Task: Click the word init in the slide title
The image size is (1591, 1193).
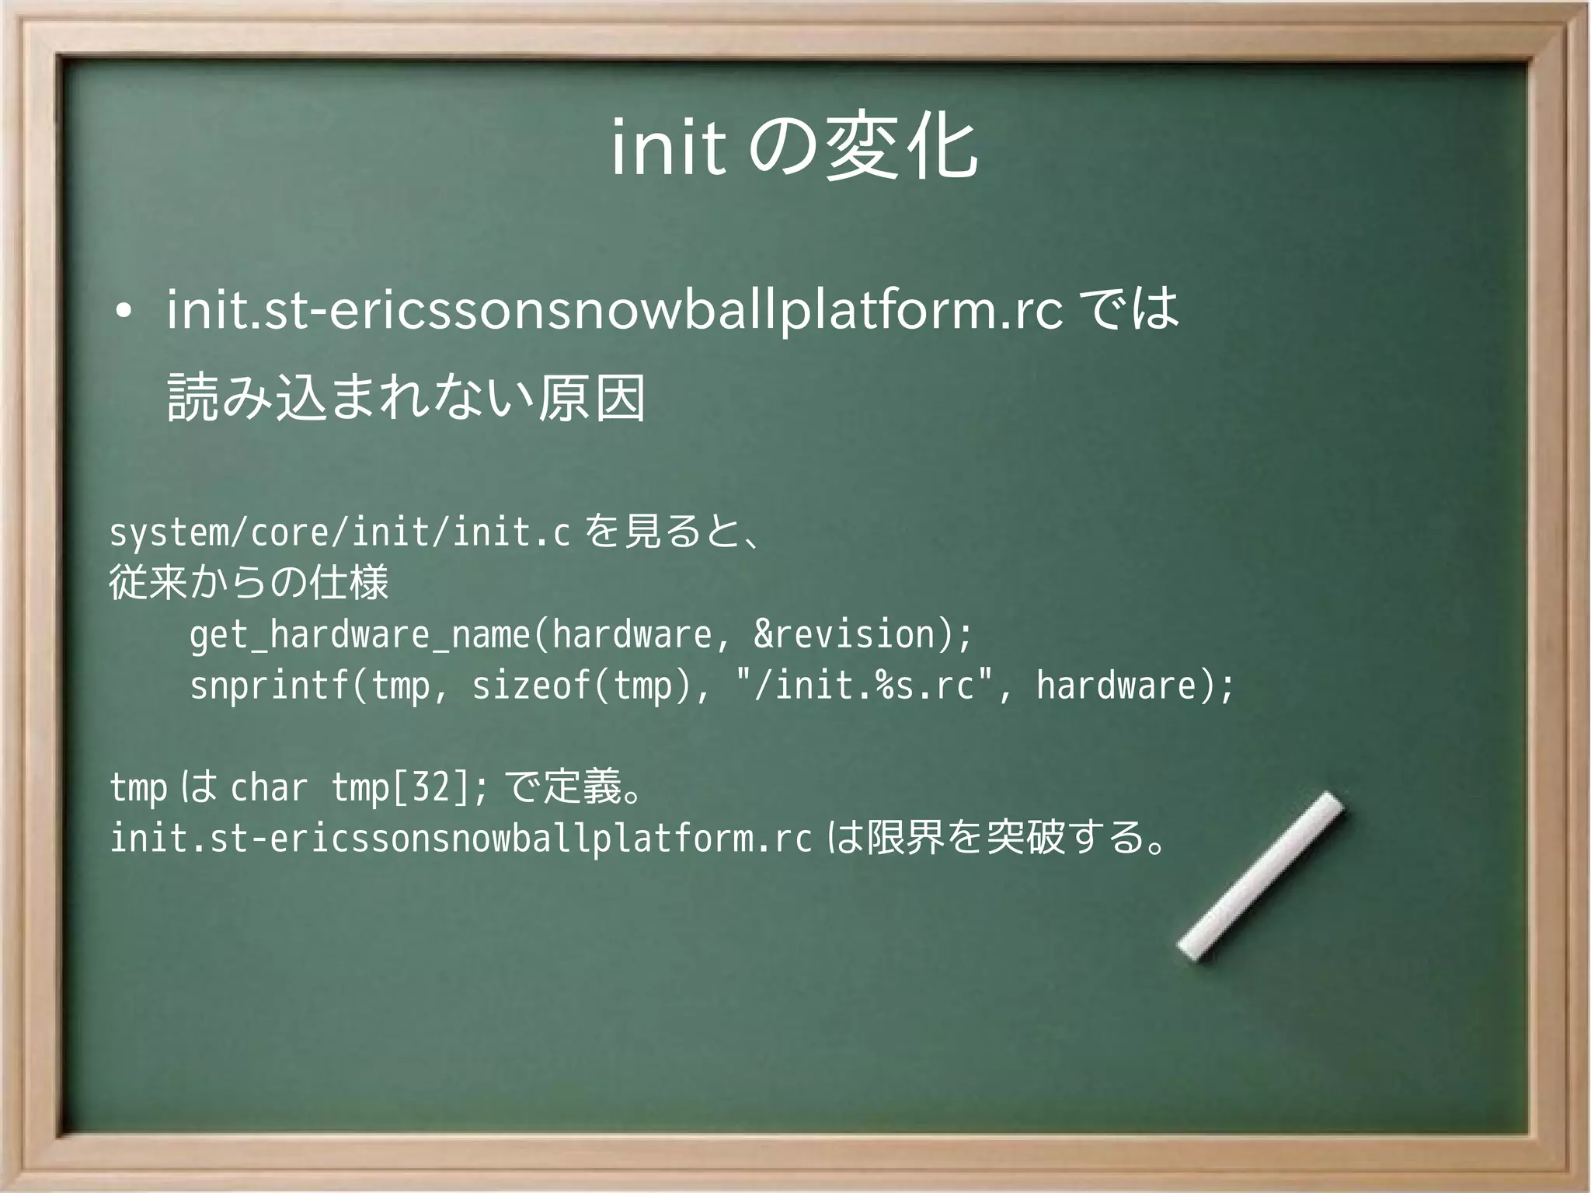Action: pyautogui.click(x=668, y=148)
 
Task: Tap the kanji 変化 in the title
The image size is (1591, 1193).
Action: pyautogui.click(x=901, y=148)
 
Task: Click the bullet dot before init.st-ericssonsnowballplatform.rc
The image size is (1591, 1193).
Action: pyautogui.click(x=121, y=314)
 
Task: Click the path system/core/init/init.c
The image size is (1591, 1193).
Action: pyautogui.click(x=339, y=533)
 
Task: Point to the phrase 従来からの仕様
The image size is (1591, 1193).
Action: pyautogui.click(x=249, y=582)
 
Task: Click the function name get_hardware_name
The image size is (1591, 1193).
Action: pyautogui.click(x=359, y=635)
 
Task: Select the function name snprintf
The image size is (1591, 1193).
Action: pyautogui.click(x=269, y=685)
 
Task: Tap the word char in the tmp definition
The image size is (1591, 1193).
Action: pyautogui.click(x=269, y=787)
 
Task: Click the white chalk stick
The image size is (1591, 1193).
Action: pyautogui.click(x=1260, y=876)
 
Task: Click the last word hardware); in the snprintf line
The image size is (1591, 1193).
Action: pyautogui.click(x=1135, y=685)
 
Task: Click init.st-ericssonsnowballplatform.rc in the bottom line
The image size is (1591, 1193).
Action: pyautogui.click(x=461, y=838)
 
